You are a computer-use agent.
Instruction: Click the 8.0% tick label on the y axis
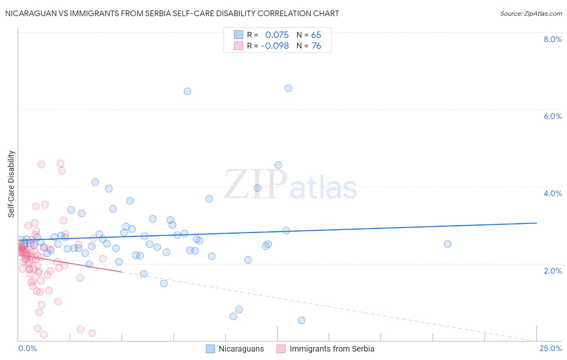tap(552, 39)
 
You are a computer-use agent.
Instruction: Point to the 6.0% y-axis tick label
tap(552, 116)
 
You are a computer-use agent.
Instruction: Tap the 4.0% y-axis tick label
tap(552, 193)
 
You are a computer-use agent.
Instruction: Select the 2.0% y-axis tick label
tap(552, 271)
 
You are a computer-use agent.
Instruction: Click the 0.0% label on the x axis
tap(27, 349)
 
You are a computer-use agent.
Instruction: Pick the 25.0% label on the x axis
tap(550, 349)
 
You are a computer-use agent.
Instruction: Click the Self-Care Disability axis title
tap(11, 184)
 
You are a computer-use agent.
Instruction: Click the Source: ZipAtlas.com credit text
tap(531, 13)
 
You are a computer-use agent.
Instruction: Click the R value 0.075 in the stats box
tap(277, 35)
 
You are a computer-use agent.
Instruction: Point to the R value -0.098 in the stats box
tap(275, 46)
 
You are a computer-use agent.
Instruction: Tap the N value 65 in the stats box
tap(316, 35)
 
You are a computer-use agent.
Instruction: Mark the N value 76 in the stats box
tap(316, 46)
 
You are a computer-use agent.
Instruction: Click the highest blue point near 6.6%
tap(288, 88)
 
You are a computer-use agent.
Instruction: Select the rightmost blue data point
tap(448, 244)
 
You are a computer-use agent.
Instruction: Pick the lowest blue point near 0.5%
tap(301, 320)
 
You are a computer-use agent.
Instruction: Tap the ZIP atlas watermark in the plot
tap(290, 185)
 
